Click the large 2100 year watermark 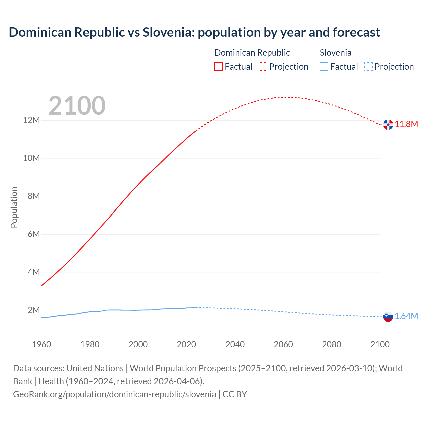coord(77,106)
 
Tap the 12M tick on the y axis coord(31,120)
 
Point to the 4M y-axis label coord(34,272)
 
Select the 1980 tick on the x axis coord(90,344)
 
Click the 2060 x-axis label coord(283,344)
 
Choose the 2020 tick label coord(186,344)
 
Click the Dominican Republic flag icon coord(388,124)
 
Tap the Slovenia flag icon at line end coord(388,317)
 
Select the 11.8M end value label coord(406,124)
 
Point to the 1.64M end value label coord(406,316)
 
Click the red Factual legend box coord(219,66)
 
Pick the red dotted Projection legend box coord(263,66)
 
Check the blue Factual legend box coord(324,66)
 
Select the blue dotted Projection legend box coord(368,66)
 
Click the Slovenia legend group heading coord(335,53)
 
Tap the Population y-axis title coord(14,207)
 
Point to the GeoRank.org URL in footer coord(114,394)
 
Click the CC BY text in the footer coord(235,394)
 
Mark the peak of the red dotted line coord(286,97)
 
